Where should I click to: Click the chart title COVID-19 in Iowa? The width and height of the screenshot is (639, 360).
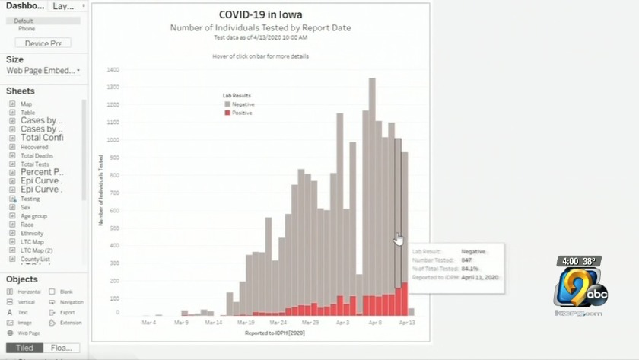point(259,15)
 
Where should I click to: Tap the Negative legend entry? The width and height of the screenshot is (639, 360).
point(243,104)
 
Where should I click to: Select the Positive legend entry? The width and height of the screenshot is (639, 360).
point(242,113)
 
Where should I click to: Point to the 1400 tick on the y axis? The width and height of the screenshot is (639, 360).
point(113,69)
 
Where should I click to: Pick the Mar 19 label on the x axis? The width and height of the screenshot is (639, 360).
point(246,323)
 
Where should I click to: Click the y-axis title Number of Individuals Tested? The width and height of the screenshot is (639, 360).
point(100,190)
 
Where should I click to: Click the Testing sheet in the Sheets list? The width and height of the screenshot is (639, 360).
point(30,199)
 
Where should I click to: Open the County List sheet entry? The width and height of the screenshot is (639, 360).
point(34,259)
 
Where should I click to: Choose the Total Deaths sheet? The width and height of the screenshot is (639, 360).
point(37,155)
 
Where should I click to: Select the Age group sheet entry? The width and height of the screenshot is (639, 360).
point(33,216)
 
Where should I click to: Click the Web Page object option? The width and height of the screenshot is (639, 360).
point(28,333)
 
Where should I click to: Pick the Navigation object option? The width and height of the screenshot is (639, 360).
point(72,302)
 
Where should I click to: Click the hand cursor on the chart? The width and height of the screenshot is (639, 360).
point(399,239)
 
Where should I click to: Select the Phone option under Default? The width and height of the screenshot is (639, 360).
point(27,29)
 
